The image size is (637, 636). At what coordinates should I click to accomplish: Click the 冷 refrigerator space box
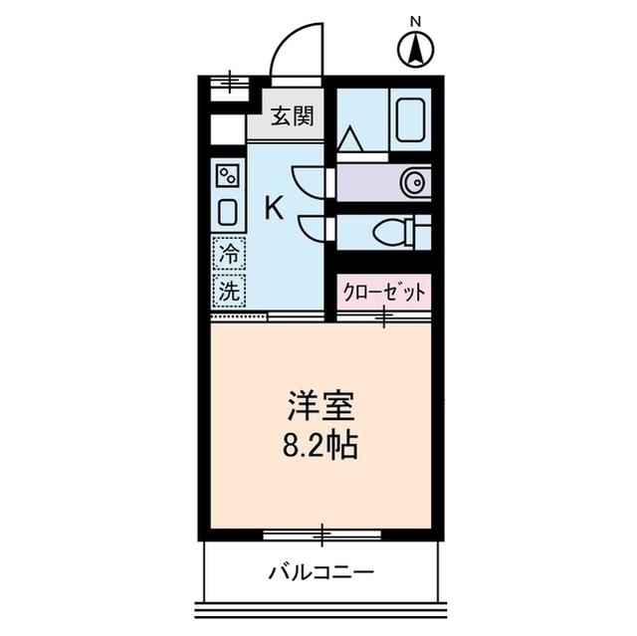pyautogui.click(x=228, y=254)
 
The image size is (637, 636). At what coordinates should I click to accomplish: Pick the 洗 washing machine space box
pyautogui.click(x=228, y=292)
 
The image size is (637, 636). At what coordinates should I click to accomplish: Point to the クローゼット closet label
pyautogui.click(x=383, y=292)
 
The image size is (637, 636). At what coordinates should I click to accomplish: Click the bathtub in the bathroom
pyautogui.click(x=412, y=120)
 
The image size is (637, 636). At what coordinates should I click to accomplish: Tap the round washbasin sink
pyautogui.click(x=413, y=182)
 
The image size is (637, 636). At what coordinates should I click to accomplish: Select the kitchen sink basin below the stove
pyautogui.click(x=227, y=212)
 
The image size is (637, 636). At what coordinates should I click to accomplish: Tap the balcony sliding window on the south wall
pyautogui.click(x=321, y=536)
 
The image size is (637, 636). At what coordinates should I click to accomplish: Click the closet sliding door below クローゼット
pyautogui.click(x=383, y=318)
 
